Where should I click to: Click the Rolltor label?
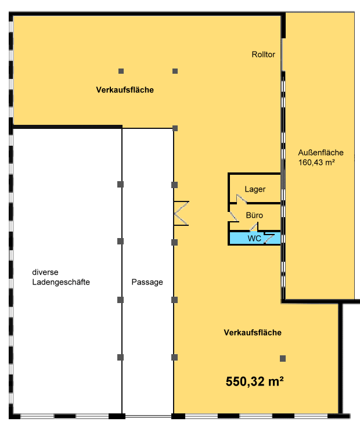[263, 55]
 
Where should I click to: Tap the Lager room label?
[255, 189]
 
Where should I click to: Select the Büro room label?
[254, 215]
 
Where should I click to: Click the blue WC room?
[254, 239]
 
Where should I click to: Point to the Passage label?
[147, 282]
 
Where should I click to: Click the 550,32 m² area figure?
[254, 381]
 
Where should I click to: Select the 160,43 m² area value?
[316, 163]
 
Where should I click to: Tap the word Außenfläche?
[321, 153]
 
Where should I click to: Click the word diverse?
[45, 272]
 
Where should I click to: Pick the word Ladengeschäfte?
[61, 282]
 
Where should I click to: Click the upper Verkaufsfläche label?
[125, 90]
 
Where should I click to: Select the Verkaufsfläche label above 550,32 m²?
[253, 333]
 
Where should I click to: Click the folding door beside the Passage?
[181, 213]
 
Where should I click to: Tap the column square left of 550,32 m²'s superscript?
[283, 359]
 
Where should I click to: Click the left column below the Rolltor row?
[121, 71]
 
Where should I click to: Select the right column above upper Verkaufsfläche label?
[175, 71]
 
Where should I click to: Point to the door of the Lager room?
[241, 199]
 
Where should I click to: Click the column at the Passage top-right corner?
[175, 128]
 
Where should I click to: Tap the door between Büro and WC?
[254, 227]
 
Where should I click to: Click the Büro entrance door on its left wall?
[233, 217]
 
